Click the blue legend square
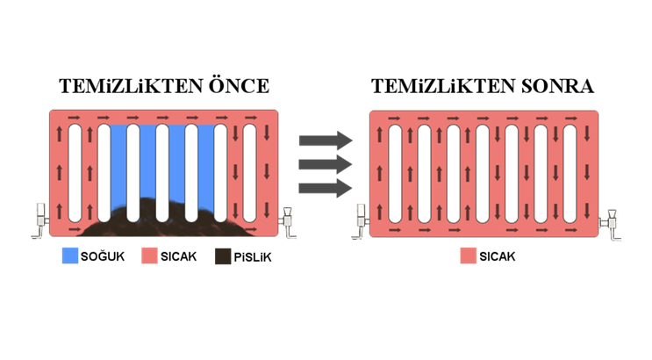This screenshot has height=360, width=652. [70, 256]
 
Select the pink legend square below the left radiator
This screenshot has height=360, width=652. [149, 256]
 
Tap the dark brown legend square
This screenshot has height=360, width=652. [224, 256]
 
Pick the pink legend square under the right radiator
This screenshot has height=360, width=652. [469, 256]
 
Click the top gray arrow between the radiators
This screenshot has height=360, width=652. [325, 140]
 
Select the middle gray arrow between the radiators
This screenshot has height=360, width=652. [325, 164]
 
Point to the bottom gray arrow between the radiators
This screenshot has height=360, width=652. [325, 188]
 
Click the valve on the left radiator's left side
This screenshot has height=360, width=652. [39, 220]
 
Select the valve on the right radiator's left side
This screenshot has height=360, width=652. [361, 220]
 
